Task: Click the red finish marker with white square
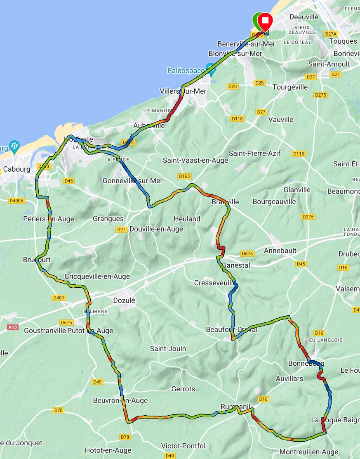coord(266,20)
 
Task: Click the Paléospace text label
coord(186,71)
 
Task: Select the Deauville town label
coord(304,17)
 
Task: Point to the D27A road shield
coord(331,34)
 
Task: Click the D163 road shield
coord(185,176)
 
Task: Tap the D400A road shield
coord(16,201)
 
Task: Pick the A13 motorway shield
coord(13,327)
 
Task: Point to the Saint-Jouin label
coord(168,349)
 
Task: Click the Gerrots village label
coord(183,389)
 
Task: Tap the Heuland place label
coord(187,219)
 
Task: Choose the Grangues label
coord(108,219)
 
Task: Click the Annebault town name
coord(280,251)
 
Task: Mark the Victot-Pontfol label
coord(184,446)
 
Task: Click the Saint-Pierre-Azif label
coord(254,153)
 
